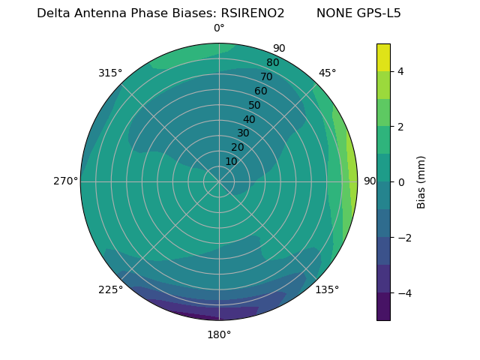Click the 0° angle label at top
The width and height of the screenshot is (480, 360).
pyautogui.click(x=219, y=28)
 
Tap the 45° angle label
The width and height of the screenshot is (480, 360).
pyautogui.click(x=327, y=73)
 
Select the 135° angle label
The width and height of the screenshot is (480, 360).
pyautogui.click(x=327, y=289)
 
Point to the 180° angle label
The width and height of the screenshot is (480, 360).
pyautogui.click(x=219, y=334)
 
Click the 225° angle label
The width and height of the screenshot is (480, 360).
pyautogui.click(x=110, y=289)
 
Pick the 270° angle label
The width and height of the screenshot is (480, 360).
pyautogui.click(x=65, y=181)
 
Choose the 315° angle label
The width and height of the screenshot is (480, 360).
pyautogui.click(x=110, y=73)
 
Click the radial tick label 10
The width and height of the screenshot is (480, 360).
pyautogui.click(x=231, y=161)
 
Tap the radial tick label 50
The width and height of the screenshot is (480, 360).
pyautogui.click(x=255, y=106)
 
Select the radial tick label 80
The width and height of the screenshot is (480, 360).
pyautogui.click(x=272, y=63)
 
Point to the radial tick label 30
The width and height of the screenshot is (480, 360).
pyautogui.click(x=243, y=133)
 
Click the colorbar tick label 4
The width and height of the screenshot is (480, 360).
pyautogui.click(x=400, y=71)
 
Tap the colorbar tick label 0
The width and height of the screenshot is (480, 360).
pyautogui.click(x=400, y=181)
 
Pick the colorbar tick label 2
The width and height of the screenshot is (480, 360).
pyautogui.click(x=400, y=127)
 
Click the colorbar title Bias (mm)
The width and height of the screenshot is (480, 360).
pyautogui.click(x=421, y=181)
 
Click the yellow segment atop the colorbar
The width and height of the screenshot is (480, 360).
pyautogui.click(x=383, y=57)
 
